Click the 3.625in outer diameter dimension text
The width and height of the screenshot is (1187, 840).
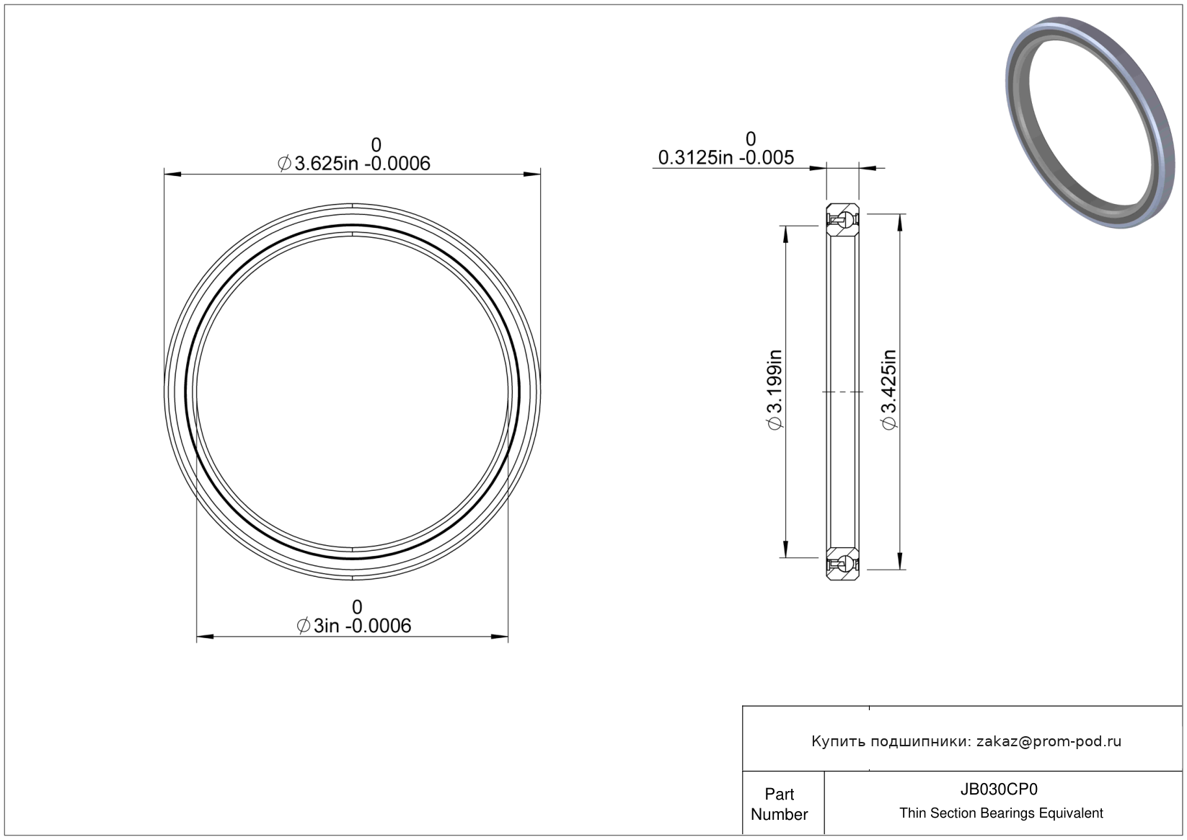[x=354, y=163]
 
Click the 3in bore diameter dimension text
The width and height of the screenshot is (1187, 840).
[x=354, y=626]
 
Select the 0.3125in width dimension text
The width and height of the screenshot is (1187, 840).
[x=726, y=157]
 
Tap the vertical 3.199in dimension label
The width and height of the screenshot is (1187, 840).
[x=775, y=389]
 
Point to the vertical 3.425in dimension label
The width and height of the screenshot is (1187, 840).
[x=889, y=389]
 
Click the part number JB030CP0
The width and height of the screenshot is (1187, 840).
[x=999, y=789]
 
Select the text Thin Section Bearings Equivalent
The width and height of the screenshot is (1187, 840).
[x=1001, y=813]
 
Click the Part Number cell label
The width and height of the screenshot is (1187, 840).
[x=779, y=804]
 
